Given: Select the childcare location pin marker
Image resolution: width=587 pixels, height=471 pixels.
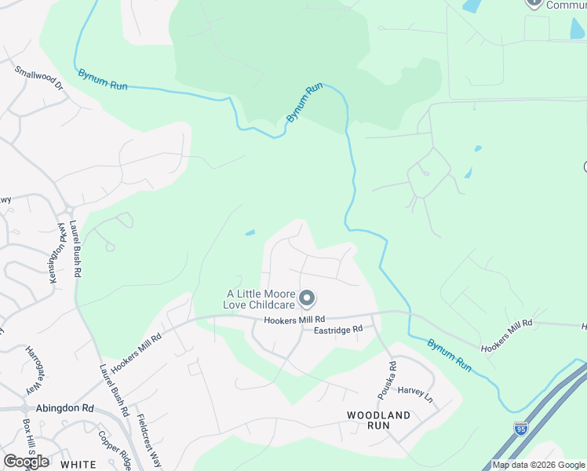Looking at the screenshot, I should pos(308,298).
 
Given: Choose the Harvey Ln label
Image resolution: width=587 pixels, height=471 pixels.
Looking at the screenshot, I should pos(414,391).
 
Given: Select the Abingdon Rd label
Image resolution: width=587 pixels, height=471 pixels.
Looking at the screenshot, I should pos(64,408).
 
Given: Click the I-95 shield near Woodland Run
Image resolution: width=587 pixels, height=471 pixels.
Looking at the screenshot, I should pos(520,428).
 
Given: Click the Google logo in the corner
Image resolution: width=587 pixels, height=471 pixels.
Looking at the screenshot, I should pos(26,462).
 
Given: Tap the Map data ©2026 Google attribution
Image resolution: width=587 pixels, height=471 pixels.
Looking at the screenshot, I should pos(538,465).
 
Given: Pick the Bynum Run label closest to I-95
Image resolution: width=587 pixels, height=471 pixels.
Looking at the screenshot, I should pos(450,355).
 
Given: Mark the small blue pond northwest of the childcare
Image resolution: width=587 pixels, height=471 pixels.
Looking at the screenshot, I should pos(250,232).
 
